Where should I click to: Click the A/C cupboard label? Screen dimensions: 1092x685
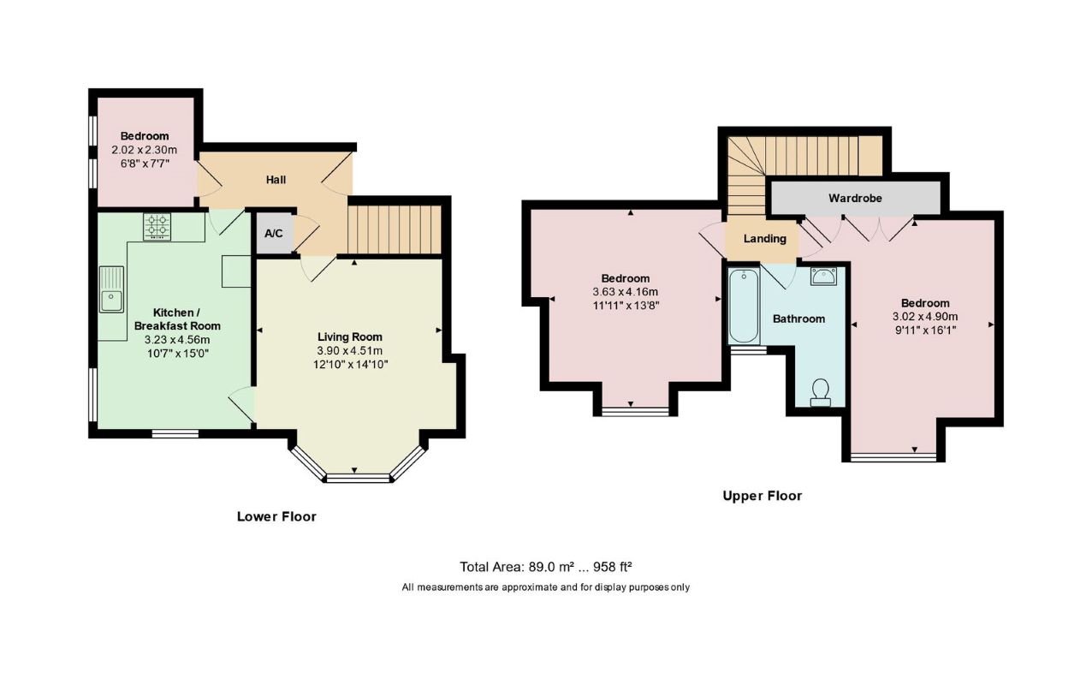click(x=274, y=234)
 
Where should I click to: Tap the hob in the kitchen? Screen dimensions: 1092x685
click(x=157, y=227)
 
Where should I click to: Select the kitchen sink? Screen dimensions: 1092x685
click(x=111, y=289)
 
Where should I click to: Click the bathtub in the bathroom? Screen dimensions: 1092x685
click(x=744, y=307)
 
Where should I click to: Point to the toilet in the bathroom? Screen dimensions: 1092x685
click(x=821, y=393)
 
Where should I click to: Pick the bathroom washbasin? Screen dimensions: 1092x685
click(x=823, y=277)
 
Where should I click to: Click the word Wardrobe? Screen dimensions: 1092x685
click(x=855, y=199)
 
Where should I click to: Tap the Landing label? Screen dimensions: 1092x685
click(x=764, y=239)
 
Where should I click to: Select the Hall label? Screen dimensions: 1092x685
click(x=276, y=180)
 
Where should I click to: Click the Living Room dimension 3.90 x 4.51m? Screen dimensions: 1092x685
click(x=349, y=351)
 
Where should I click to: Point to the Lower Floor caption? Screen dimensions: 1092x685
click(x=276, y=516)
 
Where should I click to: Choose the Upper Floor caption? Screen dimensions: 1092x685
click(x=762, y=496)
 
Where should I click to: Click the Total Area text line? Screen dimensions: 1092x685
click(x=546, y=567)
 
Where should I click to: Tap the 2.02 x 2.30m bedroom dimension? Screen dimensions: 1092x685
click(x=145, y=150)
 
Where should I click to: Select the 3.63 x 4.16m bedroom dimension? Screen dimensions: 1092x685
click(x=626, y=292)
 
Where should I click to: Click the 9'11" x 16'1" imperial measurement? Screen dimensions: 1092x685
click(x=925, y=331)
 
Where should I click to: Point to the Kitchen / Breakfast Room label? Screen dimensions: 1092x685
click(x=177, y=319)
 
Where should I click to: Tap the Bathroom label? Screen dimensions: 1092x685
click(x=799, y=319)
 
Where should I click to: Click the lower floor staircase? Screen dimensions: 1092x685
click(x=395, y=229)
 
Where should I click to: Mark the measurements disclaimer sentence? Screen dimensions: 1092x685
click(x=545, y=587)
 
